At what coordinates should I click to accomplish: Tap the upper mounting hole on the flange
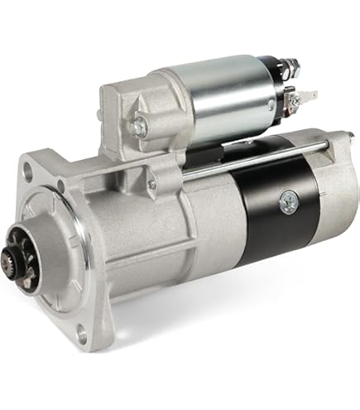click(x=31, y=173)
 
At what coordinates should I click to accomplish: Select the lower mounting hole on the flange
click(x=80, y=335)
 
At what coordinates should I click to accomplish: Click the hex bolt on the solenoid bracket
click(x=138, y=127)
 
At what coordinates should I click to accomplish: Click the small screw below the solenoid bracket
click(x=151, y=184)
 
